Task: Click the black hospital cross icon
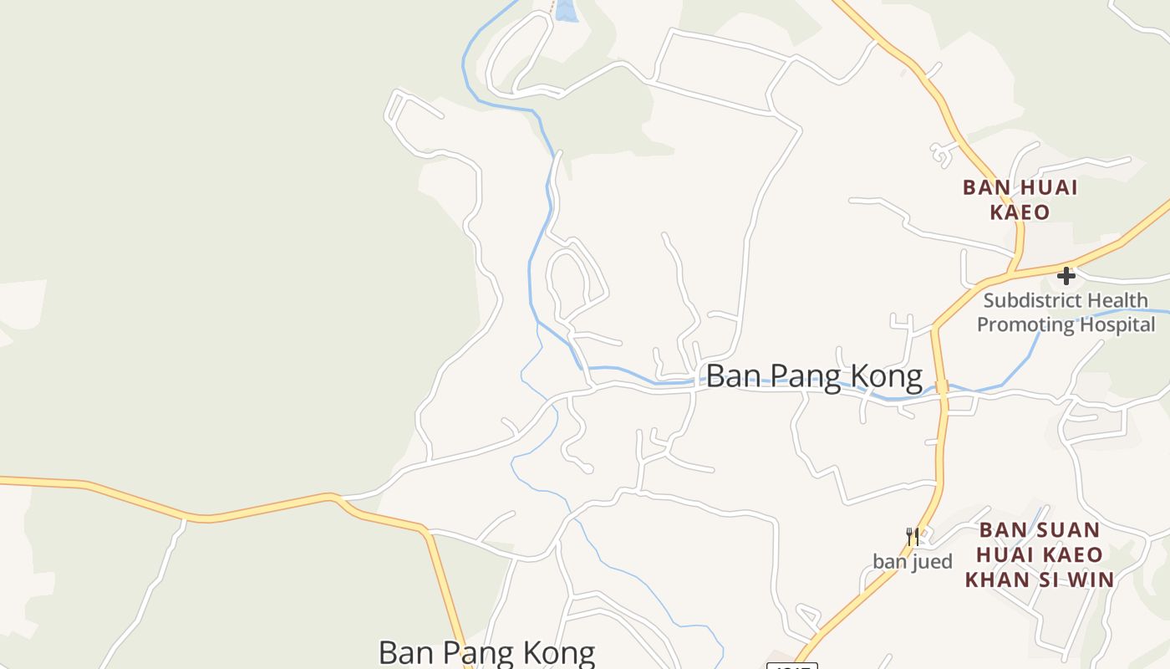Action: coord(1066,275)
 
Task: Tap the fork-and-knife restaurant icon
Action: coord(913,536)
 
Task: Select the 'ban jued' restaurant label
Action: coord(913,561)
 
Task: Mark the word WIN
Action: coord(1087,579)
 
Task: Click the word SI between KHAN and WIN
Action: coord(1048,579)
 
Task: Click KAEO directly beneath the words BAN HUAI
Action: coord(1020,212)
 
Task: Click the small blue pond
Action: coord(566,10)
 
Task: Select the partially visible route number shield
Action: coord(791,665)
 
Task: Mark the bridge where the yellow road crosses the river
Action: coord(942,387)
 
